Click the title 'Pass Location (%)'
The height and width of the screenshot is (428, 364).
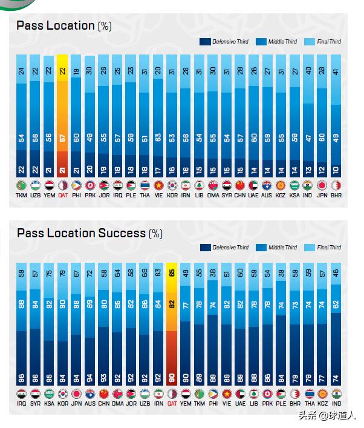64,25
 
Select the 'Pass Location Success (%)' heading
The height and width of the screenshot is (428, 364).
89,232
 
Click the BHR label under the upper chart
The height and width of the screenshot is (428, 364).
336,196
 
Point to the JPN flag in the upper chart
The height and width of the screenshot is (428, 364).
322,185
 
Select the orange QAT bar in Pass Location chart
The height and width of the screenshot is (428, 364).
62,115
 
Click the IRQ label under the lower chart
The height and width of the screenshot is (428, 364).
21,403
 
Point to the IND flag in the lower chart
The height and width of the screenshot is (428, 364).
337,393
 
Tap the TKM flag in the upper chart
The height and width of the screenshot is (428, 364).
21,185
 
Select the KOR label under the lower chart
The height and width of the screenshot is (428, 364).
62,403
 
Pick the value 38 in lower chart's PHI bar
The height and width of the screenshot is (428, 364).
213,274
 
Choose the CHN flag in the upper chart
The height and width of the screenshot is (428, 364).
240,185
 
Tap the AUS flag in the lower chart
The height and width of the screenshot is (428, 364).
90,393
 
